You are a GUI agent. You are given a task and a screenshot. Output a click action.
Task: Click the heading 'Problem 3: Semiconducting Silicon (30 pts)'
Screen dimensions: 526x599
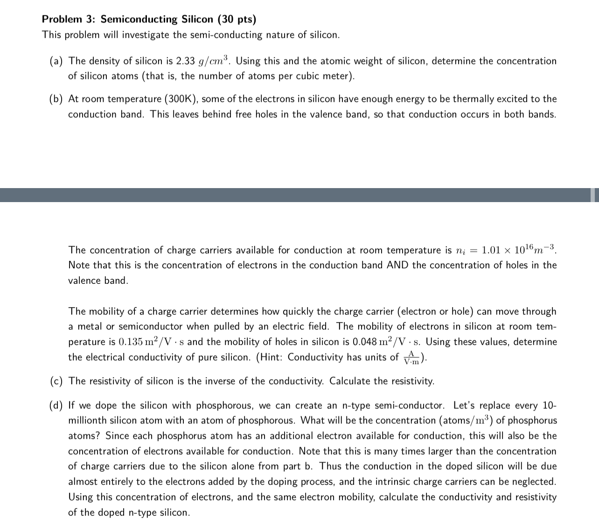click(x=149, y=19)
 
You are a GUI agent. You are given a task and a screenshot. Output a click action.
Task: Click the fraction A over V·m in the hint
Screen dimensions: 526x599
click(x=411, y=358)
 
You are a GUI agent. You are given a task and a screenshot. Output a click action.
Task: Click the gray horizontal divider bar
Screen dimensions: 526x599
click(x=299, y=195)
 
